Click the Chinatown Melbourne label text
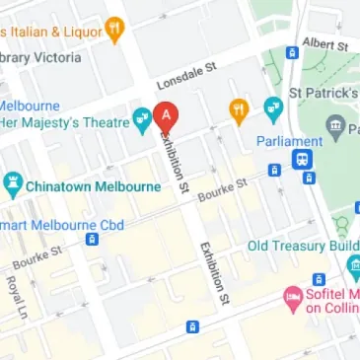click(x=95, y=184)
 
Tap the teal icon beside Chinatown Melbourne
click(x=13, y=183)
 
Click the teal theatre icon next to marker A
click(x=143, y=118)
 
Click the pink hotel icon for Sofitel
click(x=292, y=296)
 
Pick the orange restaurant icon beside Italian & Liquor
click(x=114, y=30)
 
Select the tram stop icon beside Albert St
click(x=292, y=52)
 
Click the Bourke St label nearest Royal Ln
click(x=36, y=262)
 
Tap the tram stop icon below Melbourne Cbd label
click(x=92, y=238)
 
